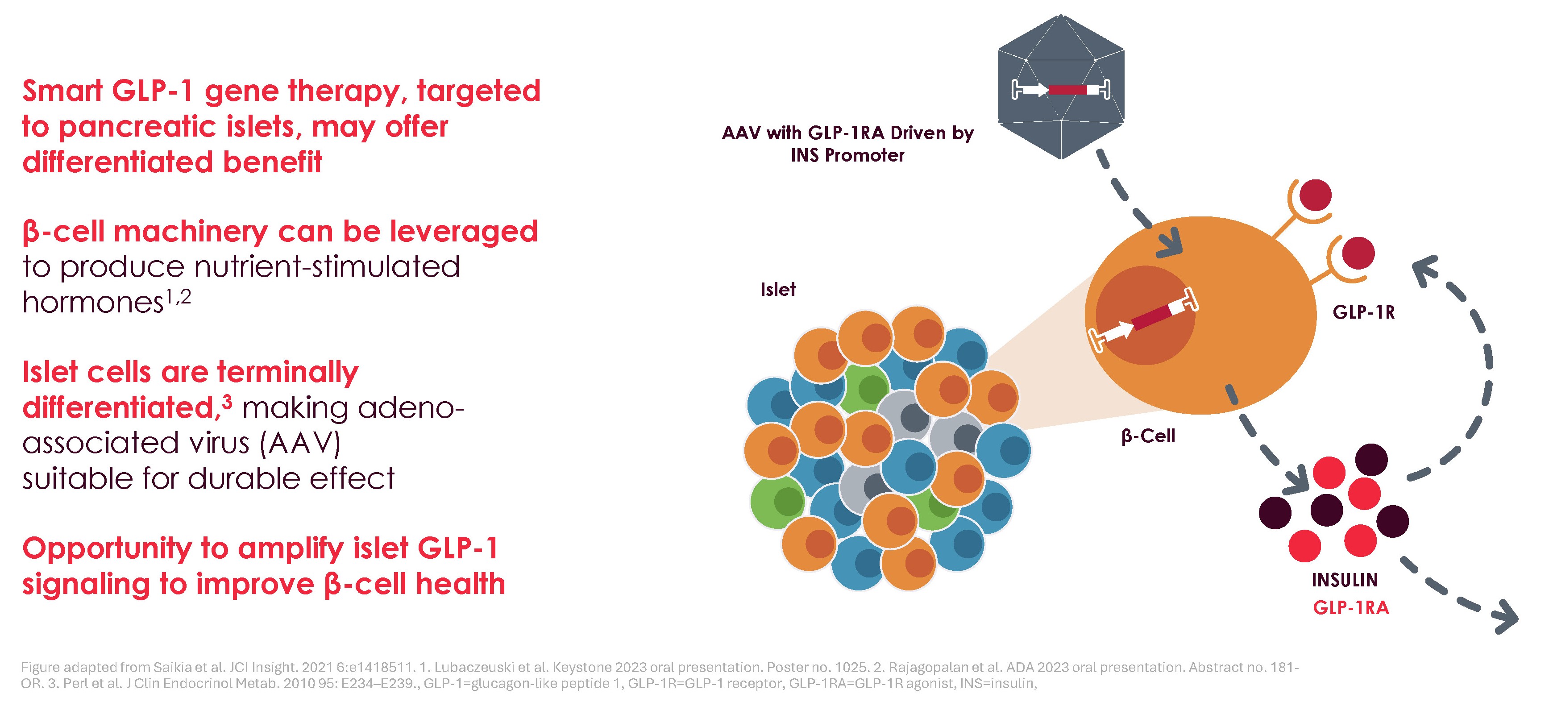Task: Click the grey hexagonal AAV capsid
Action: (1061, 87)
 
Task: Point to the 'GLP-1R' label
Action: (1364, 312)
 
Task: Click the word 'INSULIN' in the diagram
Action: (1345, 580)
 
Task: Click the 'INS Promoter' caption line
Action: (847, 155)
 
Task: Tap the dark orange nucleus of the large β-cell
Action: (1145, 315)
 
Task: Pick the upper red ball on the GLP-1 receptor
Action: (1316, 195)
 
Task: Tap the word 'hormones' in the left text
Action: (93, 302)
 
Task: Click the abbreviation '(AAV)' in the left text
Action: (301, 443)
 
